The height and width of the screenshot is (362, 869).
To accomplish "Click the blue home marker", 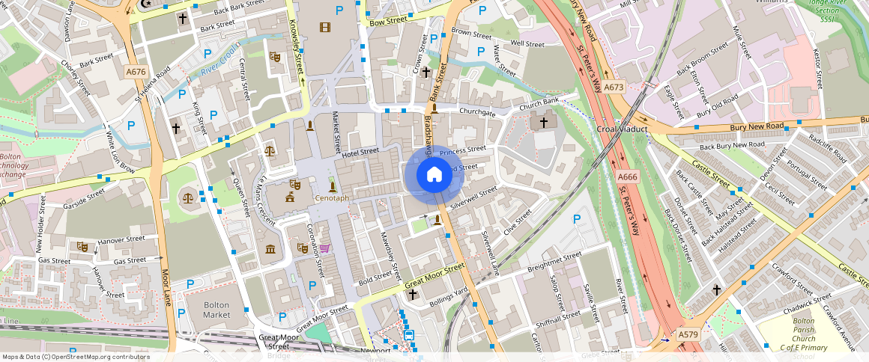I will pos(434,175).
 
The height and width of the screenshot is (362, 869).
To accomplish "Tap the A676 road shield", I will pos(136,72).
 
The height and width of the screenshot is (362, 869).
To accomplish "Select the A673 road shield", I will pos(614,87).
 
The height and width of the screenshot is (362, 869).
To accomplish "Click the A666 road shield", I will pos(627,177).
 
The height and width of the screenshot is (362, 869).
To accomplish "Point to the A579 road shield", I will pos(688,335).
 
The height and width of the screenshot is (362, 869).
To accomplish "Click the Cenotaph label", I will pos(332,198).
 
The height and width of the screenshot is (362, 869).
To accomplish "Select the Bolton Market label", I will pos(217,310).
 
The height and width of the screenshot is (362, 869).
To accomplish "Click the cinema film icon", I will pos(324,28).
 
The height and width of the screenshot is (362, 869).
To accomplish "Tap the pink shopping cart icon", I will pos(324,248).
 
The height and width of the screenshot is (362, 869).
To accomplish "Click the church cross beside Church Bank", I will pos(544,120).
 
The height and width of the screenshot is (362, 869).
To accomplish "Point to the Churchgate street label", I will pos(477,113).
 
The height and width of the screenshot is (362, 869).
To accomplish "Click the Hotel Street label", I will pos(361,152).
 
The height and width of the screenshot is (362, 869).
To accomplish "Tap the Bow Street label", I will pos(388,21).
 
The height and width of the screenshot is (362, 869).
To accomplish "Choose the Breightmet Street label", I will pos(554,262).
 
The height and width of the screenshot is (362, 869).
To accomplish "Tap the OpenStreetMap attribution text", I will pos(76,357).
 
